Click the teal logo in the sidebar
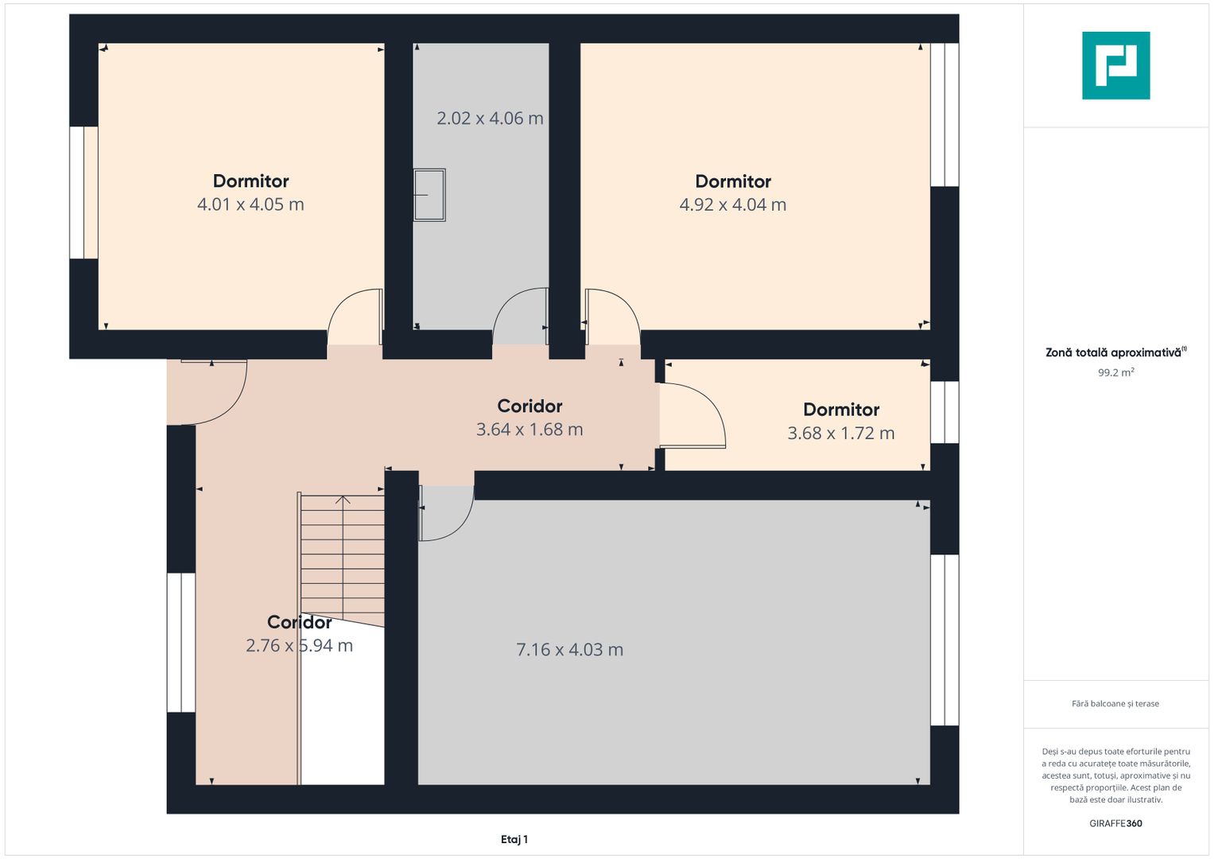pyautogui.click(x=1115, y=65)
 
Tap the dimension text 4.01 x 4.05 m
pyautogui.click(x=250, y=204)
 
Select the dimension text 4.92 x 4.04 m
pyautogui.click(x=733, y=204)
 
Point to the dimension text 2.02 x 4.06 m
pyautogui.click(x=490, y=119)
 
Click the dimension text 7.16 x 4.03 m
pyautogui.click(x=569, y=650)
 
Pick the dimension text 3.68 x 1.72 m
pyautogui.click(x=840, y=433)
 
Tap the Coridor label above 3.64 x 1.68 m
pyautogui.click(x=529, y=406)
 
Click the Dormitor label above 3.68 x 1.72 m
pyautogui.click(x=841, y=410)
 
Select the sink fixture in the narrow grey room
pyautogui.click(x=429, y=195)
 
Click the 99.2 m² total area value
pyautogui.click(x=1116, y=372)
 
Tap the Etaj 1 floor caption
pyautogui.click(x=514, y=839)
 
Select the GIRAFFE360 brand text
pyautogui.click(x=1115, y=823)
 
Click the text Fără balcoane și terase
pyautogui.click(x=1115, y=704)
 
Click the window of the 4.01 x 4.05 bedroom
pyautogui.click(x=83, y=192)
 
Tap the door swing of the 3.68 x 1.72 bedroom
pyautogui.click(x=692, y=415)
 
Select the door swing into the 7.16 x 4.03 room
pyautogui.click(x=446, y=513)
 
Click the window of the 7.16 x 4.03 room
pyautogui.click(x=944, y=640)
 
